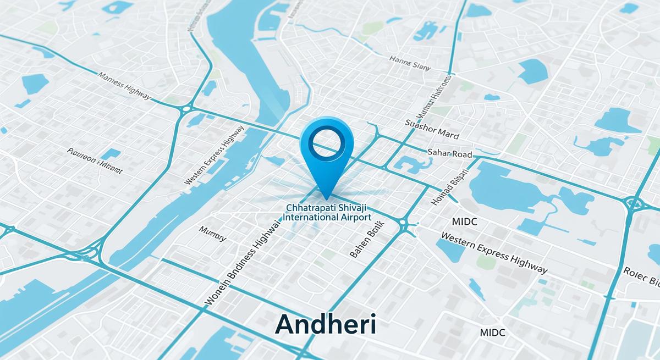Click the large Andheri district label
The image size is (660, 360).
326,324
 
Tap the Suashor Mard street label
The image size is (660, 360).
432,129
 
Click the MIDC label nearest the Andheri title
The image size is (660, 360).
492,333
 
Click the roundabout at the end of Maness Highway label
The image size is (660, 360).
186,108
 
